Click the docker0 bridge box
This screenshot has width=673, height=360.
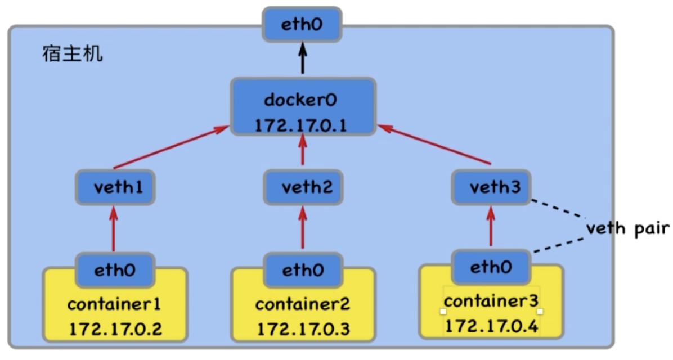(303, 107)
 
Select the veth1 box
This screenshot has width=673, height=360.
(115, 187)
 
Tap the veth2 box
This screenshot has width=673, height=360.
(303, 187)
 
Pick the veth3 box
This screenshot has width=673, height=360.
(491, 187)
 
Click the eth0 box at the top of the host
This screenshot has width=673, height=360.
(302, 24)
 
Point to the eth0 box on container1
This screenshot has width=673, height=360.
(115, 270)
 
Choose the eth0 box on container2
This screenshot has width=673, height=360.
(303, 270)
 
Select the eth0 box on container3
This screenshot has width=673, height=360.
(491, 267)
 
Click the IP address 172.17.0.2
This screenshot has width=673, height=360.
(115, 329)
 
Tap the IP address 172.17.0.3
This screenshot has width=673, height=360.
(303, 329)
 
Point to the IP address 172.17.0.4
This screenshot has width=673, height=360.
(491, 327)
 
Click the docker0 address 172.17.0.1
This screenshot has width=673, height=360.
(300, 125)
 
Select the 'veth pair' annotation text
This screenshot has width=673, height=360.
(628, 228)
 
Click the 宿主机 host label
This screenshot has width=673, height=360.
(73, 54)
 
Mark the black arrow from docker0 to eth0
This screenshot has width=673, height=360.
(303, 58)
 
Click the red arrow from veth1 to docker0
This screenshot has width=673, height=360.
(171, 147)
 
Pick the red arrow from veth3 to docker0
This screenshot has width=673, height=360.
(434, 145)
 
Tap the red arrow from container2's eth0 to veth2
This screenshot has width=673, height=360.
(303, 227)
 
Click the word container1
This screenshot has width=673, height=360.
(114, 304)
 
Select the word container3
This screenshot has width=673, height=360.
(491, 301)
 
